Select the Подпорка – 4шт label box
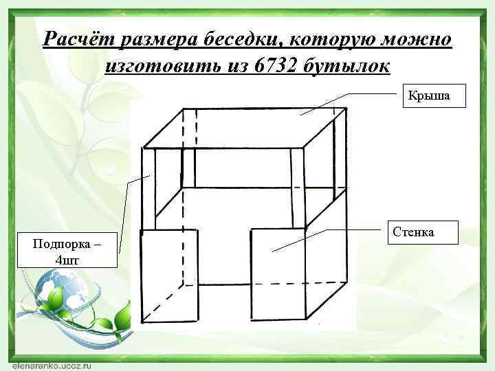[x=67, y=251]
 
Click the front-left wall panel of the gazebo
[x=169, y=275]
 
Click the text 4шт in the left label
[x=67, y=259]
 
